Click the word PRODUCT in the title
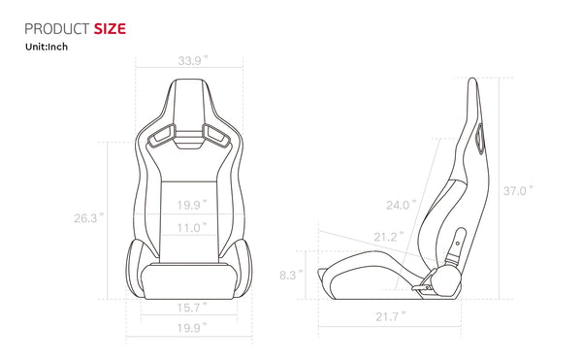55,28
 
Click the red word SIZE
110,28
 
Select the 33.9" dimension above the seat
191,60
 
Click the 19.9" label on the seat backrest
191,205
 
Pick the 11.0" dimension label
191,228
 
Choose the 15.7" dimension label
191,307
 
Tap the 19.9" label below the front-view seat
191,328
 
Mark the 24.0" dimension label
400,205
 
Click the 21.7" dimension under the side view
389,316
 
